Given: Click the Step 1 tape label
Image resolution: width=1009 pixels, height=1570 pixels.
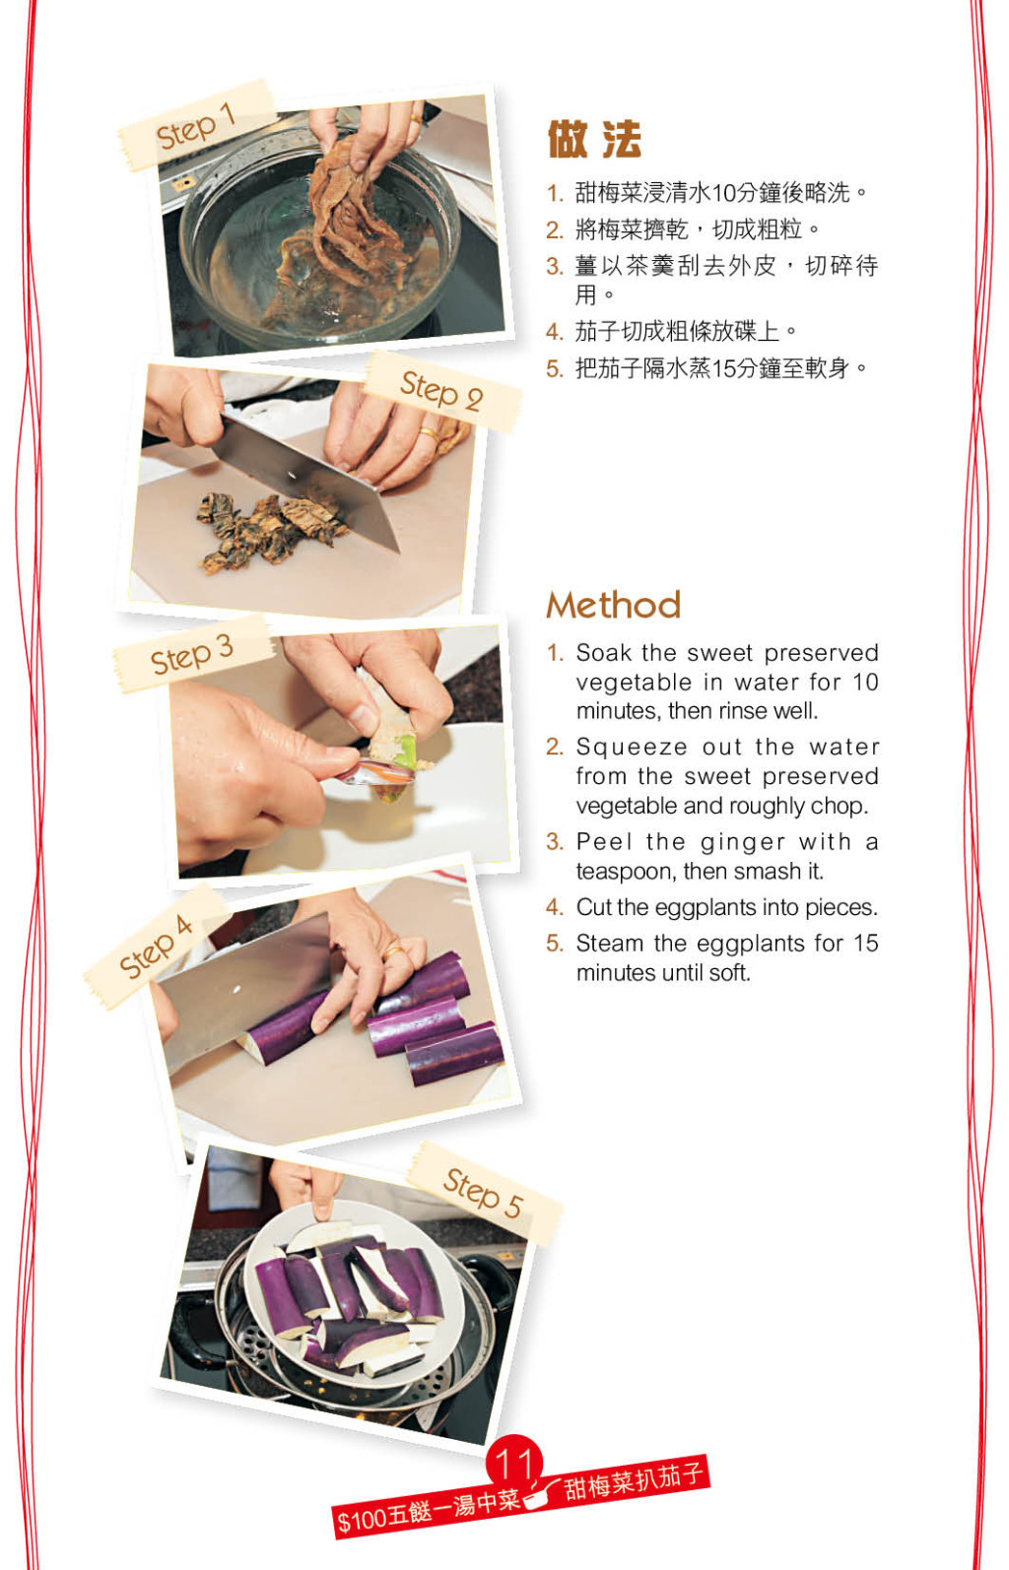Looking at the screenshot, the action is coord(196,126).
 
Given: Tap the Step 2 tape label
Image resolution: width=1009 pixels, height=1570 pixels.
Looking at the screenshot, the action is coord(442,391).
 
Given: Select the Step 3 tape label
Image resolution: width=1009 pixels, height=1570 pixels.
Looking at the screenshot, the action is coord(192,655).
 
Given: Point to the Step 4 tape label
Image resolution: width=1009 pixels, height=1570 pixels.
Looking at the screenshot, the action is coord(156,947).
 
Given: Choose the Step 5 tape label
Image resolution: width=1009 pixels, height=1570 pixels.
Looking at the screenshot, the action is coord(484,1193).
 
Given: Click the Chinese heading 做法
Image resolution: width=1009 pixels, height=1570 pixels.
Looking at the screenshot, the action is coord(594,139).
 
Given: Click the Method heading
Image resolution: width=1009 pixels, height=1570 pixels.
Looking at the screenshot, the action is coord(613,604).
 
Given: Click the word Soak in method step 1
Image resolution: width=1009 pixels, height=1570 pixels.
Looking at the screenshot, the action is coord(603,653).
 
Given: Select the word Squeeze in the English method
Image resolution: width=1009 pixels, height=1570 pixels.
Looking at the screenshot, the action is coord(631,748).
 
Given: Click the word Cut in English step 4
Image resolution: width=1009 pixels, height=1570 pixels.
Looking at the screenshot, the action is coord(594,907).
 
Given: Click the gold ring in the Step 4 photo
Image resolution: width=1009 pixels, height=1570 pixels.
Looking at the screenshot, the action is coord(392,952).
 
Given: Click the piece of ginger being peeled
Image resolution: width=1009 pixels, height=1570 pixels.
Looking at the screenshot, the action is coord(390,736).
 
